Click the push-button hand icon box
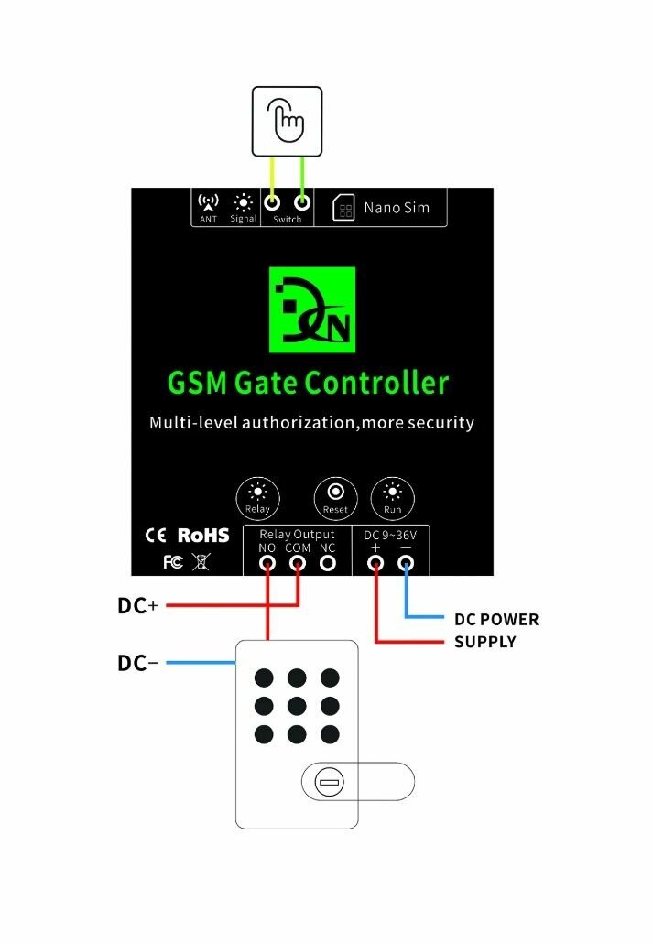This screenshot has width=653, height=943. click(x=287, y=120)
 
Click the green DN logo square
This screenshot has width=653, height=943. click(x=311, y=309)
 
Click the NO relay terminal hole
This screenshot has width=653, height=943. click(x=267, y=564)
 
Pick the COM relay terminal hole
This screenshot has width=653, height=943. click(x=298, y=564)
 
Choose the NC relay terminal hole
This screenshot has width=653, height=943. click(x=327, y=564)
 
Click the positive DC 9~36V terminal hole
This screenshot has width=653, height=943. click(x=375, y=564)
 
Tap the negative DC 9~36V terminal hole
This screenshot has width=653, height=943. click(x=406, y=564)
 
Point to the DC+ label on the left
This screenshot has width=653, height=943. click(x=138, y=606)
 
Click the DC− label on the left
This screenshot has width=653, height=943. click(x=138, y=663)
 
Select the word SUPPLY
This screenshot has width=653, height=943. click(x=485, y=642)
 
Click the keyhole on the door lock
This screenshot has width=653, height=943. click(x=329, y=782)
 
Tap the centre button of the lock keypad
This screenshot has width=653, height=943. click(x=297, y=706)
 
